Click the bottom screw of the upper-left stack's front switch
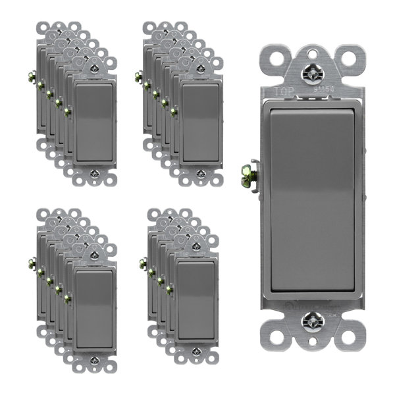coord(93,174)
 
